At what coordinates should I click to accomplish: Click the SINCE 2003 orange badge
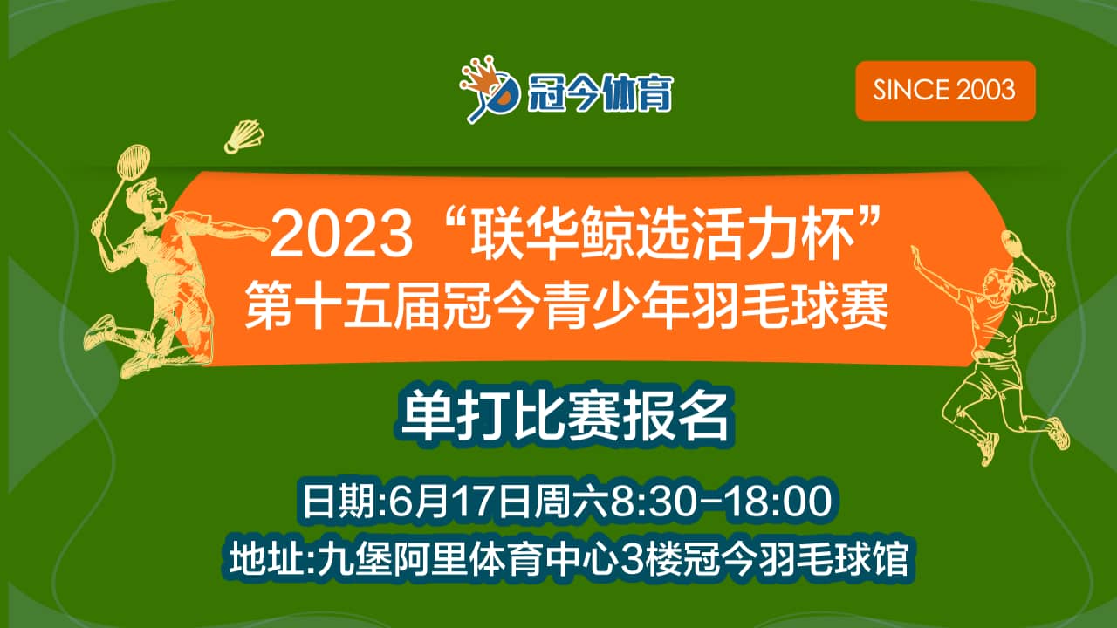tap(945, 91)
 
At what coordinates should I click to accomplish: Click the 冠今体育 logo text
tap(600, 92)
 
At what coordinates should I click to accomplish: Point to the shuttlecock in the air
tap(243, 136)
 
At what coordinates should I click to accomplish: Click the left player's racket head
tap(133, 161)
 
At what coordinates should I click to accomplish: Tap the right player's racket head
tap(1012, 244)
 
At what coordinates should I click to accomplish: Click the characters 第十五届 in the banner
tap(343, 305)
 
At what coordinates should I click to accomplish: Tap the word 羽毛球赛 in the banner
tap(791, 305)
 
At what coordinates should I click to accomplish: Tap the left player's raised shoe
tap(99, 331)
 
